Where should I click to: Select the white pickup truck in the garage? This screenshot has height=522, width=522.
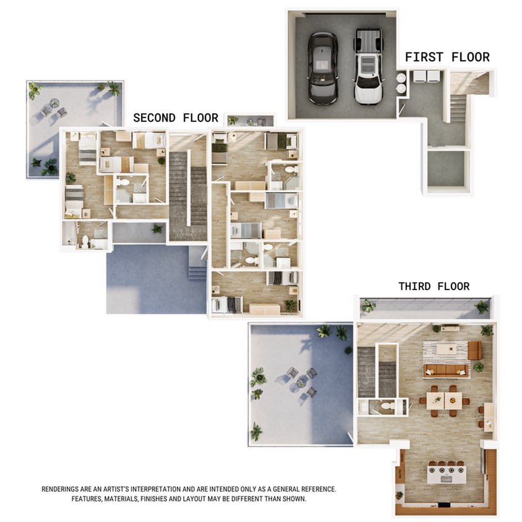point(368,66)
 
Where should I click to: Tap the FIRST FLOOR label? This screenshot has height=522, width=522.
point(447,58)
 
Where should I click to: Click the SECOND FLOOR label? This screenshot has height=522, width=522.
point(176,118)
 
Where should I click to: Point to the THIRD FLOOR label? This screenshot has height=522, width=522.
point(434,286)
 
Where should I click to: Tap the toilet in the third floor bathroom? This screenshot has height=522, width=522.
point(387,406)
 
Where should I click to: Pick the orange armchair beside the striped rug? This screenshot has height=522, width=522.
point(474,350)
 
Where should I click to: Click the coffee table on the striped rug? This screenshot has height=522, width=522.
point(446,349)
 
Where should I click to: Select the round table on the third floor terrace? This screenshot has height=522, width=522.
point(301,383)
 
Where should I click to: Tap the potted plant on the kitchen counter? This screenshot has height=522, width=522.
point(400,495)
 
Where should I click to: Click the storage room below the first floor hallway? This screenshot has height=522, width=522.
point(445,168)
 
